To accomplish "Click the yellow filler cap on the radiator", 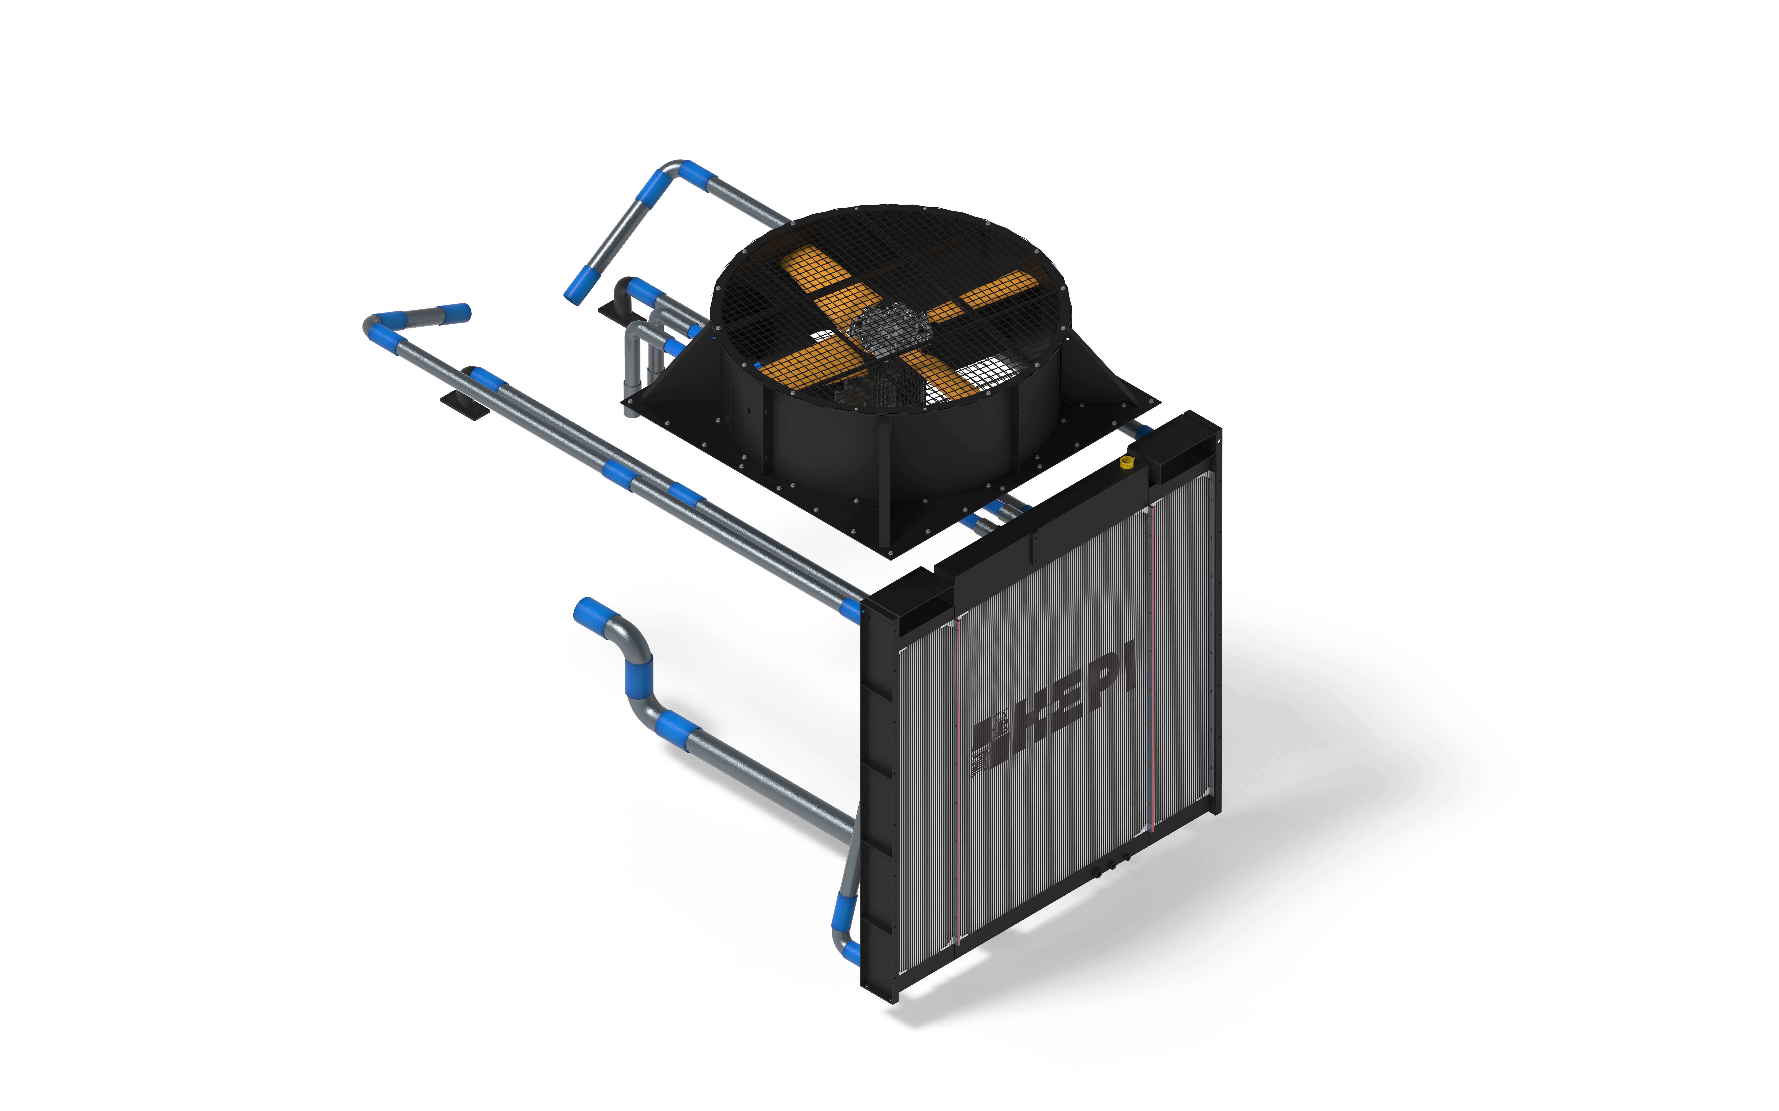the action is (1126, 461).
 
